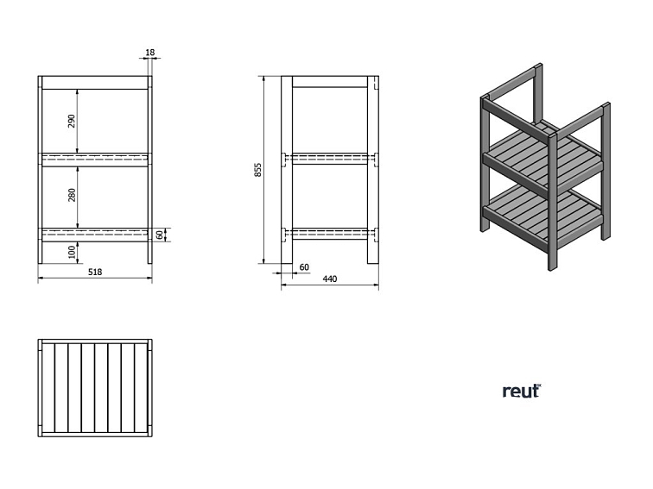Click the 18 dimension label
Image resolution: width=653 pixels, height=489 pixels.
click(150, 53)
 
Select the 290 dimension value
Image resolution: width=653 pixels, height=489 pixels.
click(73, 121)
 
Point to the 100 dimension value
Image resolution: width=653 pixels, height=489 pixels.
click(73, 251)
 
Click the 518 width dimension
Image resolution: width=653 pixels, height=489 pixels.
click(95, 273)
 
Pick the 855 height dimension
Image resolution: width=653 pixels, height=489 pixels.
click(257, 170)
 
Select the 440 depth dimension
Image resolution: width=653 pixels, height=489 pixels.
click(329, 279)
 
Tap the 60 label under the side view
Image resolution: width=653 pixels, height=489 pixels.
click(304, 267)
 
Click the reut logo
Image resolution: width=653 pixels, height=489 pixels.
click(521, 391)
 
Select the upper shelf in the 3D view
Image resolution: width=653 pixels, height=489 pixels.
click(543, 156)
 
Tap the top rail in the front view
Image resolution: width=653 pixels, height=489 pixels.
click(95, 84)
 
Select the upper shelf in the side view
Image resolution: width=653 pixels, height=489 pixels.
click(330, 159)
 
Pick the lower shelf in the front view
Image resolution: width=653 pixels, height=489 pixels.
click(95, 233)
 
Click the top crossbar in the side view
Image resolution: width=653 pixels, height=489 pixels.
click(330, 83)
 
